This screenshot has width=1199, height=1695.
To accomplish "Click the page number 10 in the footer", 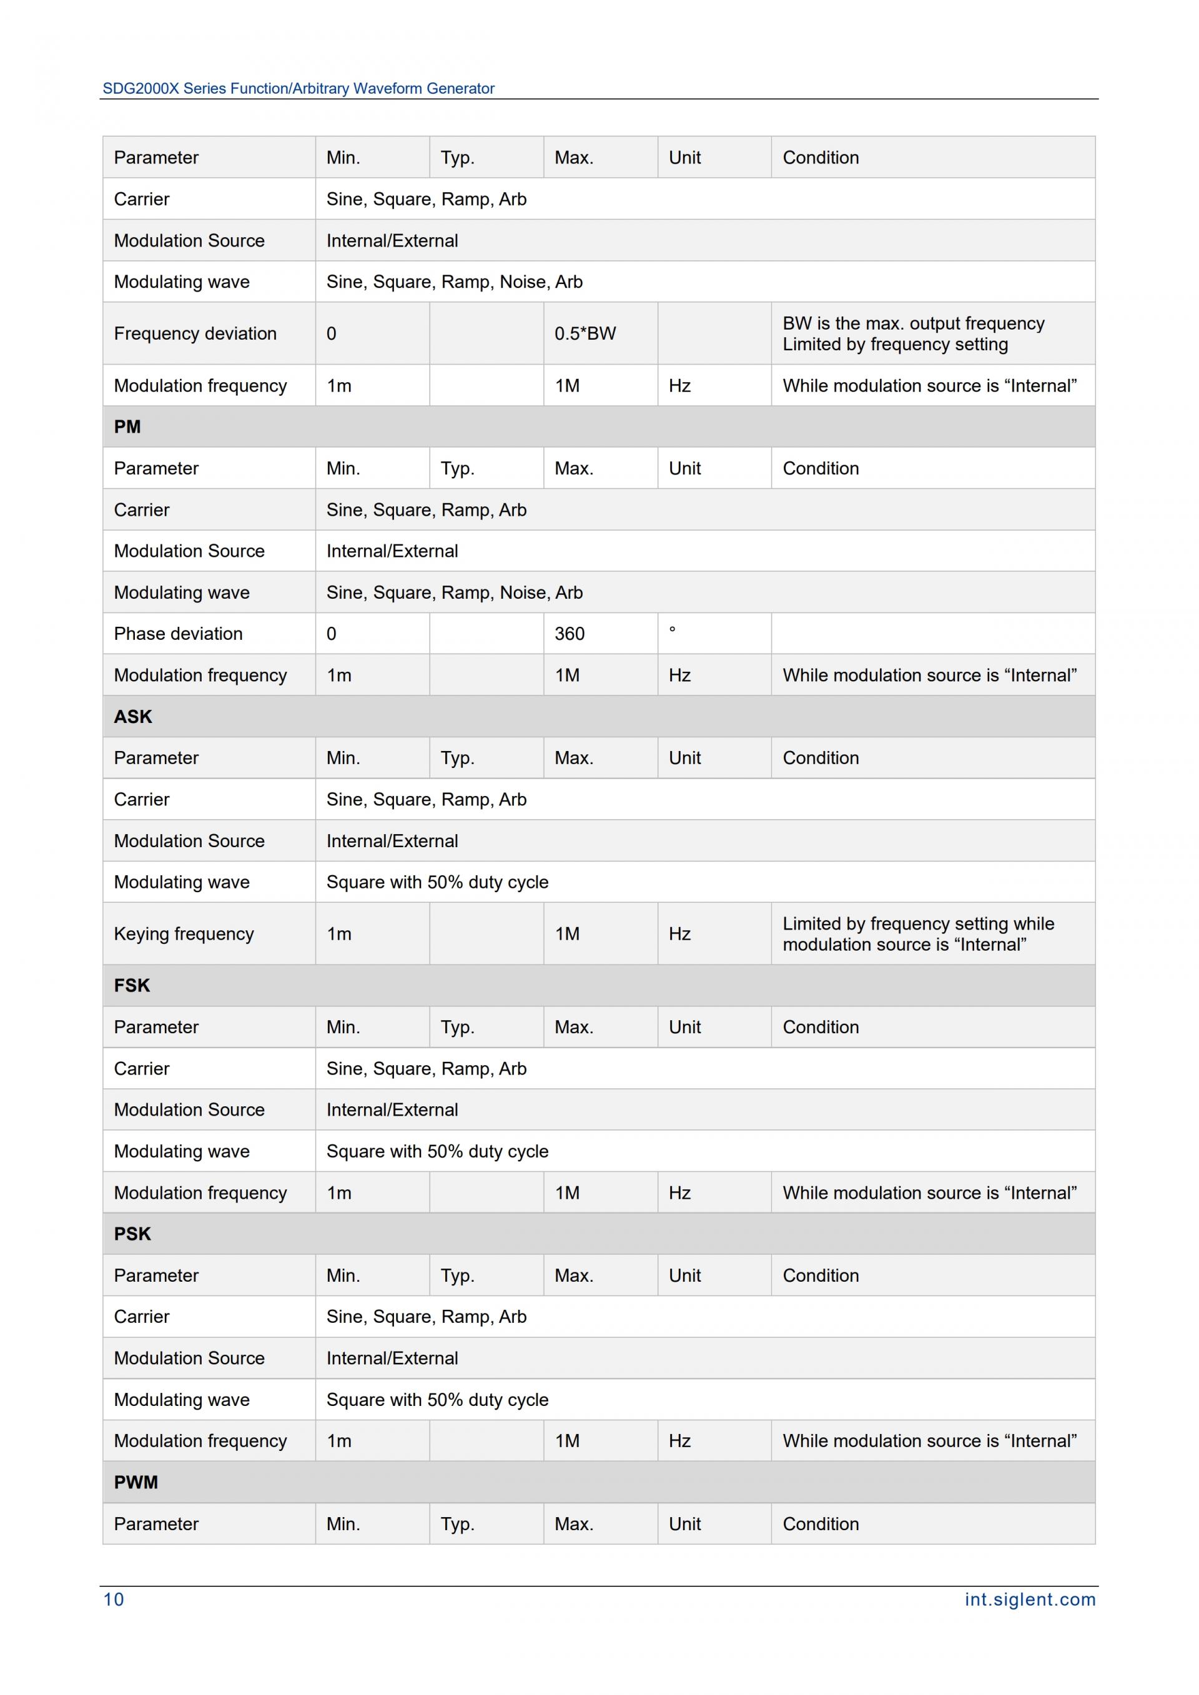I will (x=114, y=1599).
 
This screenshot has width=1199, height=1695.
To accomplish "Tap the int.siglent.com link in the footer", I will (x=1029, y=1599).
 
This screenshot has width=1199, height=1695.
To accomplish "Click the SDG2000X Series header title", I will (x=299, y=89).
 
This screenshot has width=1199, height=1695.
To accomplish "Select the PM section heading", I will (x=127, y=426).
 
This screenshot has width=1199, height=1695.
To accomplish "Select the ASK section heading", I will (x=133, y=716).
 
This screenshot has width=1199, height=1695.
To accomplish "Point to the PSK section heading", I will (x=132, y=1234).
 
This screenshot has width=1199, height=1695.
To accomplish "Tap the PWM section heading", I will (x=136, y=1481).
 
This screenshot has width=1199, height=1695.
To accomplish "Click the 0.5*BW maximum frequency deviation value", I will (x=585, y=333).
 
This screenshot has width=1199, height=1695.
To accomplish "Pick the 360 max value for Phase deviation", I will (x=570, y=634).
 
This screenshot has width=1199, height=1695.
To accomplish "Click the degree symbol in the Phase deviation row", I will (x=672, y=631).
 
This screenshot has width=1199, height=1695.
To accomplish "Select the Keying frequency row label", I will (x=184, y=934).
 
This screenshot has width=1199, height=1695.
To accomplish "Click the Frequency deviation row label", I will (x=195, y=333).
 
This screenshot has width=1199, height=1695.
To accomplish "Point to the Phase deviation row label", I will (x=178, y=634).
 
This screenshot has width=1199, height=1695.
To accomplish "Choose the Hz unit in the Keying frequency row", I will (x=679, y=934).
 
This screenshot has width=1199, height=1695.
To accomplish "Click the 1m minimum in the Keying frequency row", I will (x=339, y=934).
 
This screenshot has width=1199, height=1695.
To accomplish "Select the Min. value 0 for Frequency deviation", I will (x=332, y=333).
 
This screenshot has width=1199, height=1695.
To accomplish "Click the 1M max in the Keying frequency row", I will (x=567, y=934).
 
